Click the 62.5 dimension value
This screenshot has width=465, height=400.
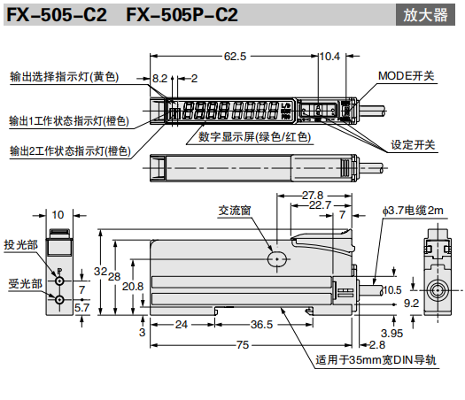pos(235,57)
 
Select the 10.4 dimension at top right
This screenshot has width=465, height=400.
pos(329,57)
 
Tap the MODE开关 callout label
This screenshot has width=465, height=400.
pos(406,76)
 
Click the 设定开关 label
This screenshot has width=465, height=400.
pos(413,145)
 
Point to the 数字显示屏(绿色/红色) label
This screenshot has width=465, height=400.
pos(254,137)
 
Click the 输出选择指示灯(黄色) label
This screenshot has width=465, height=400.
pos(65,77)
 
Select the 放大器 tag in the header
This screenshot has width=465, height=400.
pos(425,15)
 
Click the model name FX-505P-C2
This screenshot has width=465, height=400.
pos(182,15)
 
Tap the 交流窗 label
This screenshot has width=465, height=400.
pos(235,211)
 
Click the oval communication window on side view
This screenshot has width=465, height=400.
pos(277,259)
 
